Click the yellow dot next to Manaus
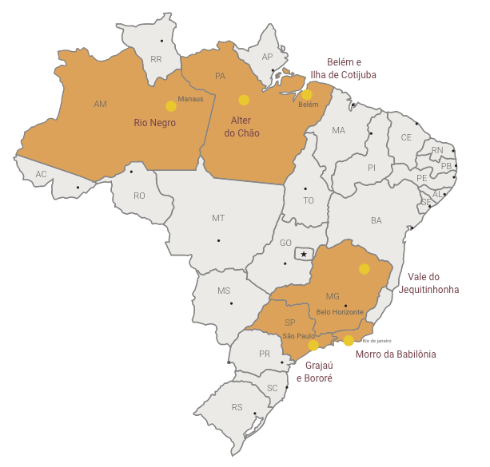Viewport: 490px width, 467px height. point(170,105)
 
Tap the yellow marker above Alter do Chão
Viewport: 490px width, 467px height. point(244,100)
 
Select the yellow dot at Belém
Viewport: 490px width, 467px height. point(307,94)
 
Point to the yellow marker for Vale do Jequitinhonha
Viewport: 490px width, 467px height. point(365,269)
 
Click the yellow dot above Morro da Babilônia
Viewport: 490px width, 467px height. point(349,341)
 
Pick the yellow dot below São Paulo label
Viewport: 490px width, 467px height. point(313,346)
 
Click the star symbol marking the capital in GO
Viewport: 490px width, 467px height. point(303,254)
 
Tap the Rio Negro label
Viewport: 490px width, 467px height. point(155,123)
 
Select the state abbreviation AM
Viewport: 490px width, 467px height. point(100,104)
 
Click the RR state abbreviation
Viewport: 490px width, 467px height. point(156,59)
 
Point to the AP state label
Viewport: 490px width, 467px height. point(268,57)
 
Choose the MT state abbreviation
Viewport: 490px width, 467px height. point(218,218)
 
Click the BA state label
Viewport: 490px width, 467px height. point(376,220)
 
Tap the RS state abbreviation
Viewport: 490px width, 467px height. point(237,407)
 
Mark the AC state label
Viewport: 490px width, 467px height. point(41,174)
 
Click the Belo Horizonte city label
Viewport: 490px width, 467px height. point(340,311)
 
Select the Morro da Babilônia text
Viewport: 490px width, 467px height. point(396,354)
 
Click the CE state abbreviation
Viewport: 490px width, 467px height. point(407,137)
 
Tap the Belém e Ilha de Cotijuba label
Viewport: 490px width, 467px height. point(343,69)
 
